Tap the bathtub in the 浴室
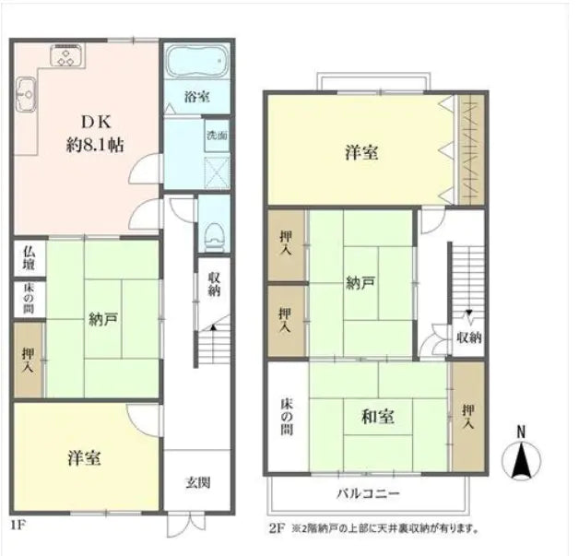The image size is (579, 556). pos(195,62)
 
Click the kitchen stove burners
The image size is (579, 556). pos(67,58)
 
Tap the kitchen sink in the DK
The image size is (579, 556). pos(25,91)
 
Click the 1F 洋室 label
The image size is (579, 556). pos(84,456)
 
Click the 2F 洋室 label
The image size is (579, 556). pos(361,153)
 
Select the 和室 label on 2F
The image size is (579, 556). pos(378,417)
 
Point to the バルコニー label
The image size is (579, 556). pos(360,491)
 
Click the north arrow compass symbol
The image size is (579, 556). pos(521,460)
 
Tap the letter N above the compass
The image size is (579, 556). pos(521,432)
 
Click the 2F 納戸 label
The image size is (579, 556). pos(361,283)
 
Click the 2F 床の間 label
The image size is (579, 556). pos(287,417)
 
